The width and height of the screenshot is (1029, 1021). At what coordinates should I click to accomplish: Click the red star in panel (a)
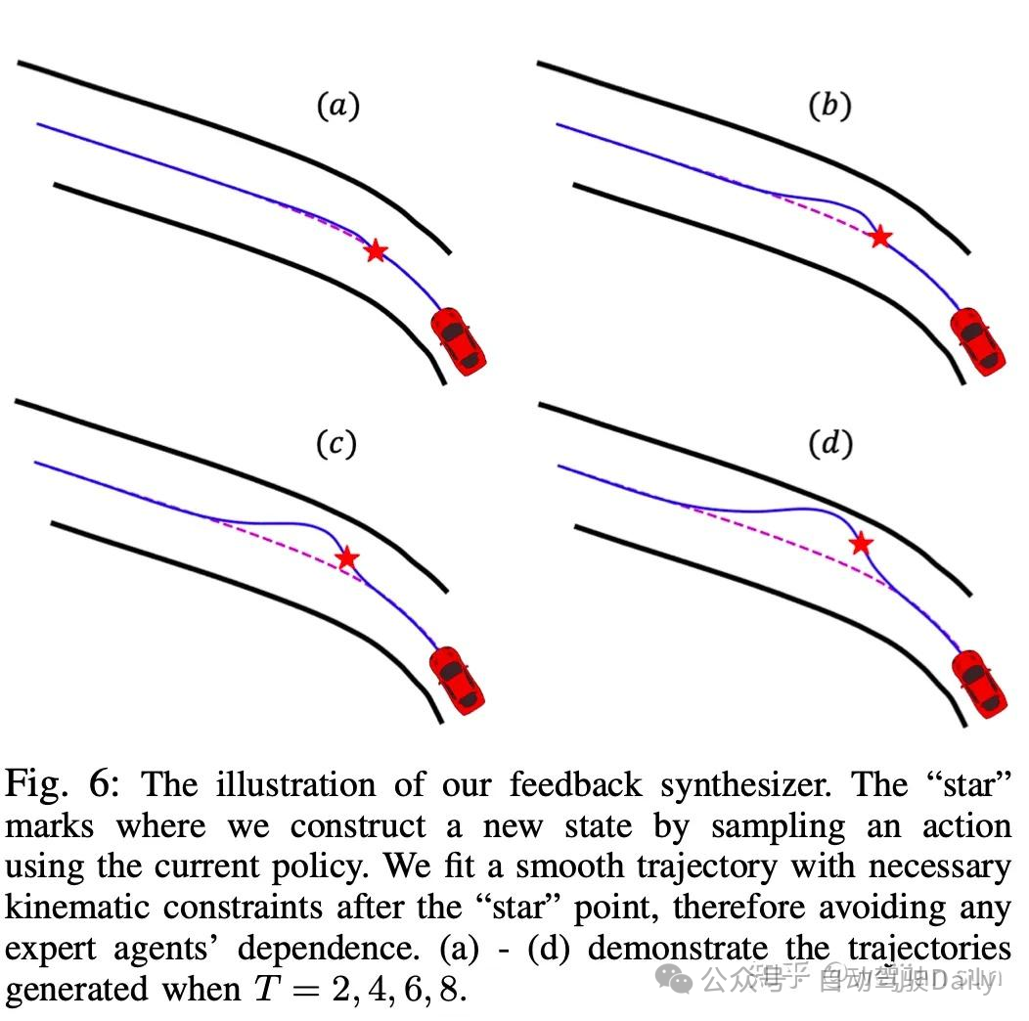coord(375,251)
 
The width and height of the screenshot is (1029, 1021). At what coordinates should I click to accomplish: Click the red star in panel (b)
coord(880,236)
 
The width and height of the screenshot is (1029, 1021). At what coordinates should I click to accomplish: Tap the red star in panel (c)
coord(347,558)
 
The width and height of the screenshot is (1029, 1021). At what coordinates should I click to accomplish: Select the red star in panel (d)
coord(861,544)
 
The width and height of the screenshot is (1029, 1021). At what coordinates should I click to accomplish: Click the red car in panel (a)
coord(459,339)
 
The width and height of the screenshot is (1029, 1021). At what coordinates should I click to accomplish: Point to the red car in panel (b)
coord(978,340)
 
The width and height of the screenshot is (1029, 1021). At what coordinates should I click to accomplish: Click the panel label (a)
coord(337,106)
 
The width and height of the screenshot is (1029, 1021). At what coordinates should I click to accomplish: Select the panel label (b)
coord(829,106)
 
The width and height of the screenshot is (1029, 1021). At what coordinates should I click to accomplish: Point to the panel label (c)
coord(336,445)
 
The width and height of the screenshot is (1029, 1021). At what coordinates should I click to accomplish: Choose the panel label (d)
coord(829,445)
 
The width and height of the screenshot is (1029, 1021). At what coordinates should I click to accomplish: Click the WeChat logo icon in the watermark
coord(675,978)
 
